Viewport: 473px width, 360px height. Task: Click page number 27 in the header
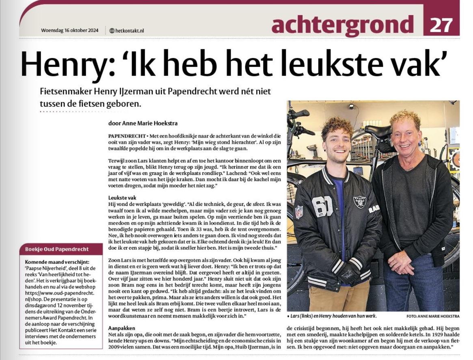pyautogui.click(x=441, y=25)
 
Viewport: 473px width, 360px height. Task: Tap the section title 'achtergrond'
pyautogui.click(x=342, y=25)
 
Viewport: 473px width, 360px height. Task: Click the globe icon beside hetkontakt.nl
pyautogui.click(x=112, y=30)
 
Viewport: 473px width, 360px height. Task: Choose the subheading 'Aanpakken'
pyautogui.click(x=121, y=328)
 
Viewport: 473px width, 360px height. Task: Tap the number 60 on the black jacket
pyautogui.click(x=323, y=206)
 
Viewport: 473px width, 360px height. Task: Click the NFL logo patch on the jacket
pyautogui.click(x=299, y=211)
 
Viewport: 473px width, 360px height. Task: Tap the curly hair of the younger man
pyautogui.click(x=337, y=125)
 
